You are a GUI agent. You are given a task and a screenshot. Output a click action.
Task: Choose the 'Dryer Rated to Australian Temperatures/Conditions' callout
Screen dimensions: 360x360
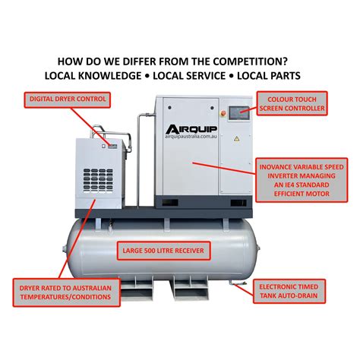67,291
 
